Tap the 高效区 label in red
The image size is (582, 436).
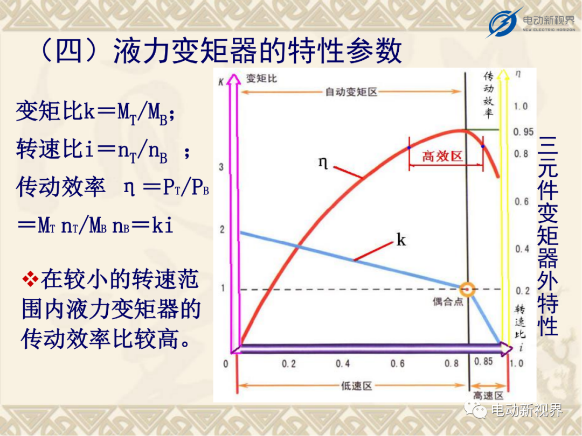tap(442, 156)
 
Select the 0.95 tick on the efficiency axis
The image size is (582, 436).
tap(523, 132)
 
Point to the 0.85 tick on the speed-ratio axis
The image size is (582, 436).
tap(483, 361)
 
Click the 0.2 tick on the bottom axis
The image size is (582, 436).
tap(289, 364)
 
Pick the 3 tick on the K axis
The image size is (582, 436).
tap(221, 167)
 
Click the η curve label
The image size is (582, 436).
tap(323, 163)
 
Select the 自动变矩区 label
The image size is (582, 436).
tap(351, 92)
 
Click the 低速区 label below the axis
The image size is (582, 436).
tap(356, 386)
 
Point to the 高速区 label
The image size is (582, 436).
tap(488, 396)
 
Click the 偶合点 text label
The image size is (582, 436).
tap(448, 302)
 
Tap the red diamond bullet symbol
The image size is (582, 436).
tap(30, 279)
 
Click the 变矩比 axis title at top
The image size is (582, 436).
tap(261, 79)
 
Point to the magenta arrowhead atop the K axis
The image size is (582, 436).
tap(234, 79)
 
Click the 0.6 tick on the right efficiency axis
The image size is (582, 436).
tap(522, 202)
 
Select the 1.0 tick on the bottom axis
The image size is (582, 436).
tap(516, 363)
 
